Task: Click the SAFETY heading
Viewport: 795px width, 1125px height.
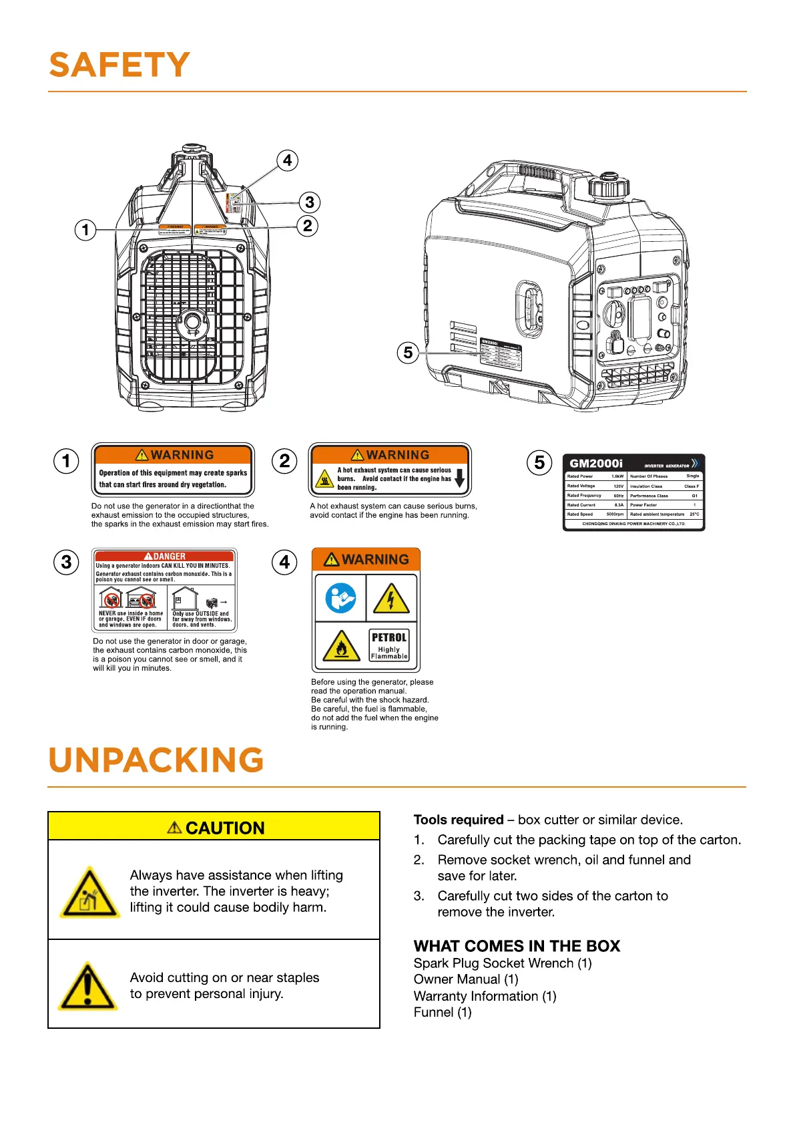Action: point(119,65)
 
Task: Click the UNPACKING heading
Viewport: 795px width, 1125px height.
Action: point(156,760)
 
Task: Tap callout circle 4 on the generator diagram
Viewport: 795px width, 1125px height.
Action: point(287,160)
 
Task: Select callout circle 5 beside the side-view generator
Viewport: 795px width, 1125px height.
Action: point(408,352)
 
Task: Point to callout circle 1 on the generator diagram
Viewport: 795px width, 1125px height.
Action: point(85,230)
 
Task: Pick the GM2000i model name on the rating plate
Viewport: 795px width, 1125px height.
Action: point(595,463)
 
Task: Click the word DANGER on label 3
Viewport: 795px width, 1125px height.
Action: point(170,556)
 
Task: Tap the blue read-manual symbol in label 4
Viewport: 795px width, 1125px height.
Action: point(340,598)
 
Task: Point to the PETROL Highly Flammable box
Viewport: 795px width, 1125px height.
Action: point(389,645)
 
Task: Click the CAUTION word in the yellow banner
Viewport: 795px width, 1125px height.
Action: point(224,828)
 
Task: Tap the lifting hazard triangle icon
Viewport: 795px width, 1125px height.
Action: point(89,893)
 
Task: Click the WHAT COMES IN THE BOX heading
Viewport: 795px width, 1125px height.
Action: point(517,946)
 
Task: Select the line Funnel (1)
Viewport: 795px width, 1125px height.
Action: point(443,1012)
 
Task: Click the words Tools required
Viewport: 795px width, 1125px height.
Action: point(459,820)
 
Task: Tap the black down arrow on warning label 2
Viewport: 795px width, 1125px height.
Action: point(459,478)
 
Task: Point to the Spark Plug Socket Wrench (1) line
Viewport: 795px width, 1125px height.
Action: point(503,963)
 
